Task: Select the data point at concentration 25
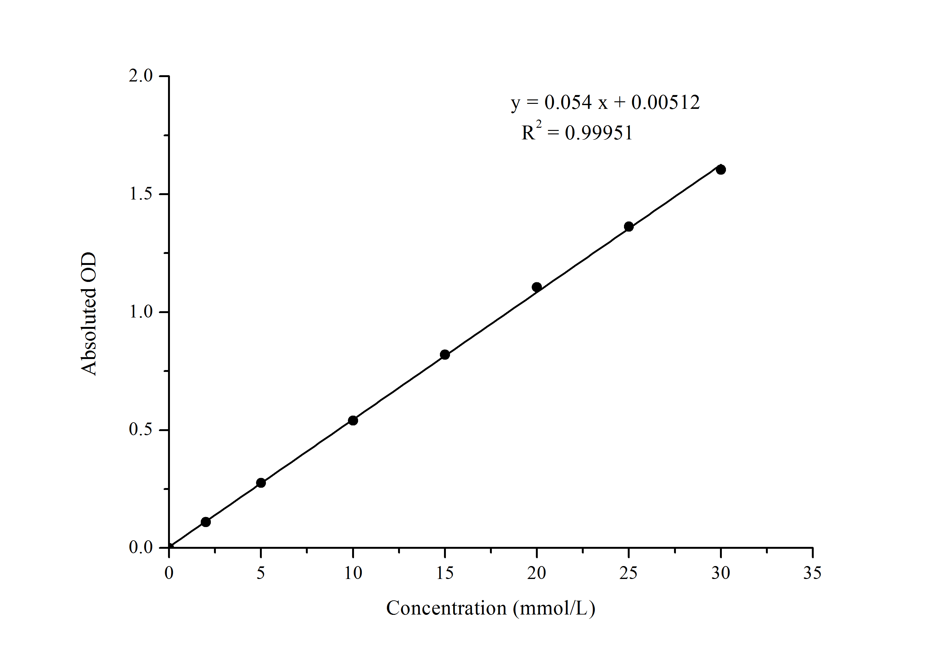tap(629, 227)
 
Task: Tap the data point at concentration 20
tap(537, 287)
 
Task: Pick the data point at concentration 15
tap(445, 354)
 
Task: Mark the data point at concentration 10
tap(353, 420)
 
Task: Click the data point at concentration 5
tap(261, 483)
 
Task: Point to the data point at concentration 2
tap(205, 522)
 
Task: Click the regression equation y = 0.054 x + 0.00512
tap(605, 102)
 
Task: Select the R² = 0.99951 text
tap(577, 132)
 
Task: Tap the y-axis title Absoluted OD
tap(89, 314)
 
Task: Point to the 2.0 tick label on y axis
tap(141, 76)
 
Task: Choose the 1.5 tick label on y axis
tap(141, 194)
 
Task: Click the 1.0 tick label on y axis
tap(141, 312)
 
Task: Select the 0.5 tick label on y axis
tap(141, 430)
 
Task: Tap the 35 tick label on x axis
tap(812, 573)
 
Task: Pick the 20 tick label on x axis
tap(536, 573)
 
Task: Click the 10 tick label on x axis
tap(353, 573)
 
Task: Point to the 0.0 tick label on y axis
tap(141, 547)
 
